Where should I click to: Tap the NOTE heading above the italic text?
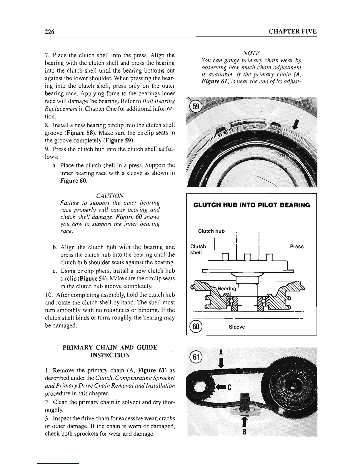pyautogui.click(x=251, y=53)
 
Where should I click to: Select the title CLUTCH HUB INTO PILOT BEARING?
pyautogui.click(x=251, y=205)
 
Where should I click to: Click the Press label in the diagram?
pyautogui.click(x=296, y=247)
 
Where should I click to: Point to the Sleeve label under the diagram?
pyautogui.click(x=237, y=327)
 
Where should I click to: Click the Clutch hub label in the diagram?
pyautogui.click(x=211, y=231)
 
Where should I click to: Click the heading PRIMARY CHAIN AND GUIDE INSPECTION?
pyautogui.click(x=110, y=351)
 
